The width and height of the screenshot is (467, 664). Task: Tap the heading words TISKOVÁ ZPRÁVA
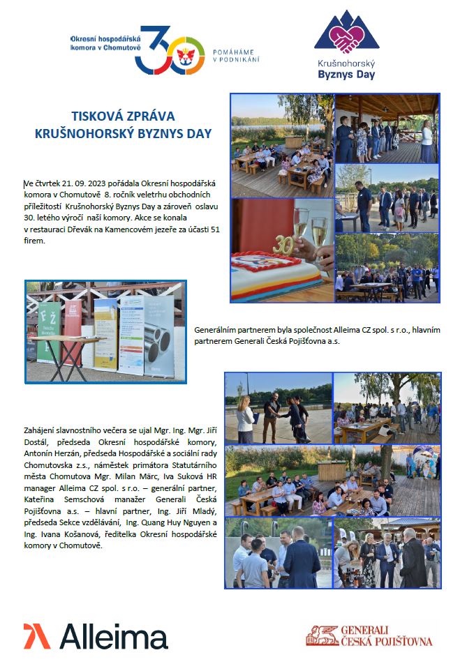(123, 116)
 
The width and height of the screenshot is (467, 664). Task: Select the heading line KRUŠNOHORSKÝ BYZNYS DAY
(123, 133)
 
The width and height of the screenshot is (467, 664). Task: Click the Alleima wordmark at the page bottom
(112, 636)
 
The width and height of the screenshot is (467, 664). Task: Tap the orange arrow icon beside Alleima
(37, 636)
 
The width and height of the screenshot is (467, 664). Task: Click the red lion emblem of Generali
(320, 634)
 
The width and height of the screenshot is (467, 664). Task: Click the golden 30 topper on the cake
(283, 245)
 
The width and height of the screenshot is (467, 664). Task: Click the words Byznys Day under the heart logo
(346, 75)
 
